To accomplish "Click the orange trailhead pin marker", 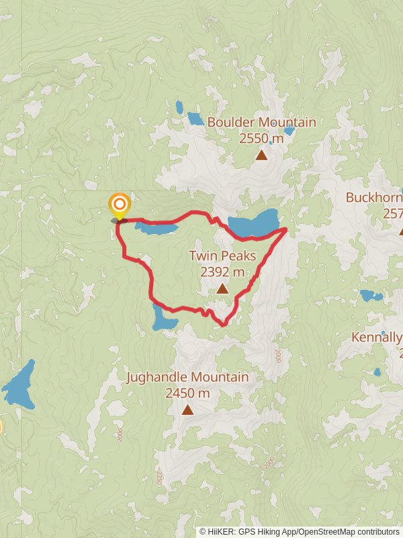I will (x=120, y=204).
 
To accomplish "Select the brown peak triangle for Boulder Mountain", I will (x=261, y=155).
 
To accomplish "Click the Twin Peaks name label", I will (x=222, y=256).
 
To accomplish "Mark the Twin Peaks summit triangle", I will (x=222, y=289).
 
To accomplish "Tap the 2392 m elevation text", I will (x=222, y=272).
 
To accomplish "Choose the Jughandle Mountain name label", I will (x=187, y=377).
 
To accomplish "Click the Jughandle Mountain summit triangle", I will (x=187, y=410).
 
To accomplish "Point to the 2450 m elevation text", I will (x=187, y=393).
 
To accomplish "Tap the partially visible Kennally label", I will (x=376, y=337).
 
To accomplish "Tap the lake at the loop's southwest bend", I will (x=163, y=318).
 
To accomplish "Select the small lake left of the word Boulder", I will (x=195, y=119).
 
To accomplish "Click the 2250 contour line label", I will (x=160, y=476).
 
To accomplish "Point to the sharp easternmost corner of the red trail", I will (x=287, y=229).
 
